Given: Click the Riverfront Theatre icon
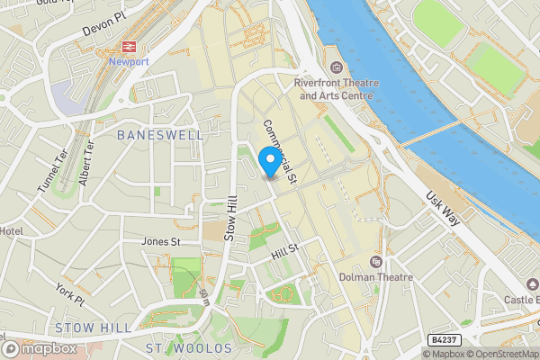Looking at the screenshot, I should click(x=337, y=67).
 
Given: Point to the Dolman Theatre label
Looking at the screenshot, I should click(x=376, y=277).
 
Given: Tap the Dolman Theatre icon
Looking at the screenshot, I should click(x=376, y=261).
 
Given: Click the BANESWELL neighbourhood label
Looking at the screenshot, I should click(x=160, y=134).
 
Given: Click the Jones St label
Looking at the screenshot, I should click(x=161, y=241).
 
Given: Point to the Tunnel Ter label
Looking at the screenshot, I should click(x=49, y=168).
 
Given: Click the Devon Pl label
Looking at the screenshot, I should click(x=100, y=29).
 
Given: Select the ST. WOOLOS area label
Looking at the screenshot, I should click(x=188, y=347).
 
